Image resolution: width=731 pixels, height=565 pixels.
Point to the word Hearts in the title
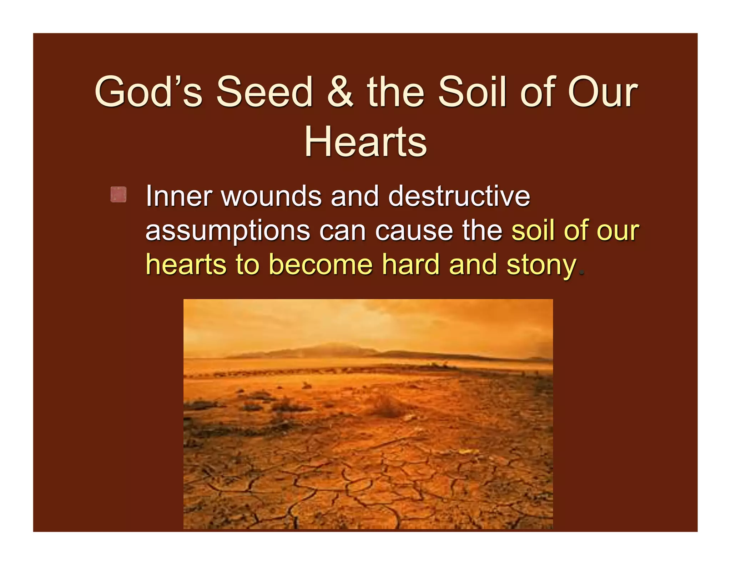[x=365, y=142]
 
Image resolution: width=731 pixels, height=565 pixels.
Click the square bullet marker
[x=118, y=195]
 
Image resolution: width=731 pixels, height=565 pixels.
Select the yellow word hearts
[x=186, y=265]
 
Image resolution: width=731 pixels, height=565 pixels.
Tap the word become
[x=320, y=265]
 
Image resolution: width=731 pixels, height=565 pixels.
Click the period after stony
[x=582, y=274]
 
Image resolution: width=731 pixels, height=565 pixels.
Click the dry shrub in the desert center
[x=385, y=405]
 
